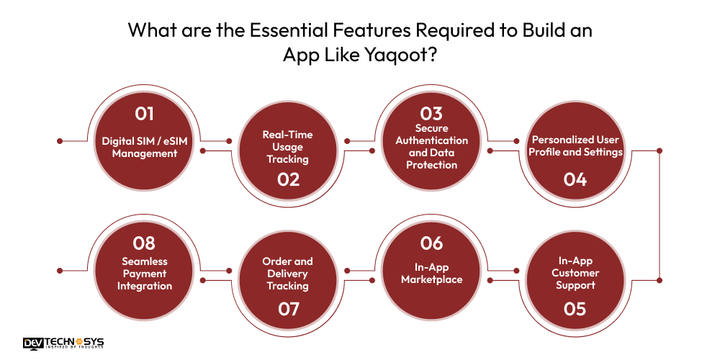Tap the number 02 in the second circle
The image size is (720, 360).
[x=288, y=179]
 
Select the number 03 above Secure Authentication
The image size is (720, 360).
[x=432, y=114]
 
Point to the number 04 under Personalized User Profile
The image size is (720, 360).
[x=575, y=179]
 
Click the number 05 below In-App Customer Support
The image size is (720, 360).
[x=575, y=309]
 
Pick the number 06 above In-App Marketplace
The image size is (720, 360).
[x=432, y=243]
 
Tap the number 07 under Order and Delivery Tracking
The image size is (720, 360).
[x=288, y=309]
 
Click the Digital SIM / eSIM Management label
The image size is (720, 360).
[x=145, y=146]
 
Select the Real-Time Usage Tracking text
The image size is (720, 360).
[x=288, y=146]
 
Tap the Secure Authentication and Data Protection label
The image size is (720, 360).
[x=432, y=146]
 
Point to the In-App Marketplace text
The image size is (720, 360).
[x=432, y=273]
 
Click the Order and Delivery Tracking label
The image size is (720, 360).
[x=288, y=274]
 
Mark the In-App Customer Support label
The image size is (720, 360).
[x=575, y=273]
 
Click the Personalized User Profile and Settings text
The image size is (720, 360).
[x=575, y=145]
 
